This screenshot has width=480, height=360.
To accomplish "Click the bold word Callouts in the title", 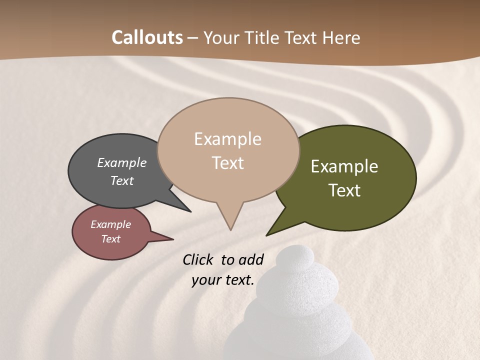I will pos(147,37).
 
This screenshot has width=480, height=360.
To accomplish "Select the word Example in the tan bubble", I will pos(227,138).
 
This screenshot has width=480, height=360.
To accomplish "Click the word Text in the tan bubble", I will pos(227,162).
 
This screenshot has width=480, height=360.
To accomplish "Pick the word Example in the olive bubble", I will pos(344,166).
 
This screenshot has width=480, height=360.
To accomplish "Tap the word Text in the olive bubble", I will pos(344,190).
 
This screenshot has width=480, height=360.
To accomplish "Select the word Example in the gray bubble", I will pos(121,162).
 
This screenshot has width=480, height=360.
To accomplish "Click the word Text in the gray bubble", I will pos(121,180).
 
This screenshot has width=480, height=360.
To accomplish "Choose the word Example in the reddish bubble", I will pos(110,224).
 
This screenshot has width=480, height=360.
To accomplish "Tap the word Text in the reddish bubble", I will pos(110,239).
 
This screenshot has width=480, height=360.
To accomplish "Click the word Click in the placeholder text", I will pos(197,259).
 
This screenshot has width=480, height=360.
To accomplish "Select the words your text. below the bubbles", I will pos(223,280).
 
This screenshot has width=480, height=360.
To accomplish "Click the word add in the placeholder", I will pos(251,259).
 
